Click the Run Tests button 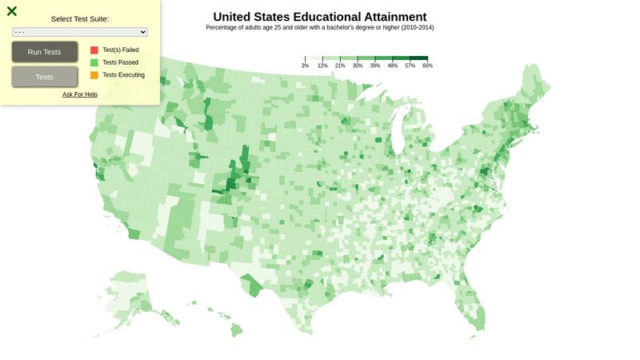pos(45,52)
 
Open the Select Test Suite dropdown pos(80,32)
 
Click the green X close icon pos(12,11)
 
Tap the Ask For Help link pos(80,94)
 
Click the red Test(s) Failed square pos(94,50)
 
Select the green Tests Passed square pos(94,62)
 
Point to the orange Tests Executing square pos(94,75)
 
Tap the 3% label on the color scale pos(305,66)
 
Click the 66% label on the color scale pos(427,66)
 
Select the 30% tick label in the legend pos(358,66)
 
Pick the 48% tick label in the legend pos(393,66)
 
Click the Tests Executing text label pos(124,75)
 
